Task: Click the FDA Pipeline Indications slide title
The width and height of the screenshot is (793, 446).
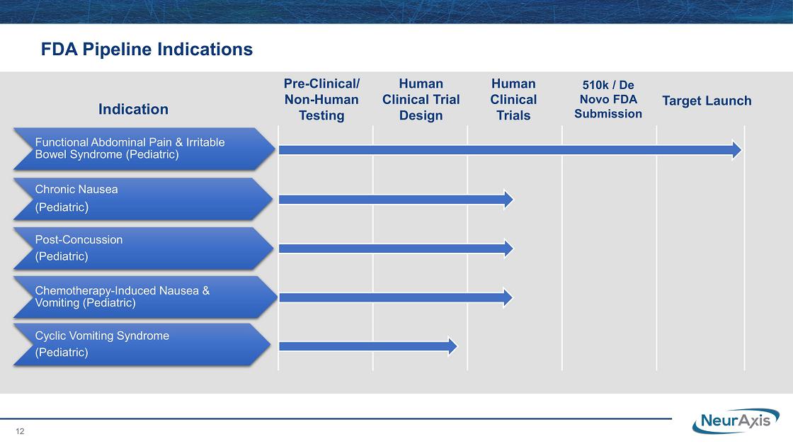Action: point(147,50)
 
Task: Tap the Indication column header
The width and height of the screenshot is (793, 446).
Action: point(134,109)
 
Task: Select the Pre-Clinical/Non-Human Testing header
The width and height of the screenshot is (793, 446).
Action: point(321,100)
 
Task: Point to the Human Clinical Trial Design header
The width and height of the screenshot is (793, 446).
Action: point(421,100)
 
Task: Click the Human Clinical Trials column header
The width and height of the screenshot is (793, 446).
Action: point(513,100)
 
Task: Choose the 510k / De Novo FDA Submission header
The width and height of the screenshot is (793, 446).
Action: point(608,99)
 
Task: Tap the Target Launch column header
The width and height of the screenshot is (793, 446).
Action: point(707,101)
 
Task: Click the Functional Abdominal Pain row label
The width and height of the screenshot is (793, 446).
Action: point(130,149)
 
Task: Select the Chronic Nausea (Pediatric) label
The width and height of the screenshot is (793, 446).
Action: point(76,198)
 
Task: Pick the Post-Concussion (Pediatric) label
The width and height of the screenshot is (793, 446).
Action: point(79,248)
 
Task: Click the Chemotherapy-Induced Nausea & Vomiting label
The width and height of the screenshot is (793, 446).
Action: point(122,297)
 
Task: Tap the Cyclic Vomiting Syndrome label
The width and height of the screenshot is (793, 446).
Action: point(102,344)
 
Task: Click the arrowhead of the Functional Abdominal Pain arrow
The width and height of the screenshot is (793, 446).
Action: point(737,149)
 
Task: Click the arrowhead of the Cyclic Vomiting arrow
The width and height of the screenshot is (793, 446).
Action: point(453,346)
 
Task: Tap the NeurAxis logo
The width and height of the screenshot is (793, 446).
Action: point(736,421)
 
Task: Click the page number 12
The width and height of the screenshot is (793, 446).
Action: point(21,431)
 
